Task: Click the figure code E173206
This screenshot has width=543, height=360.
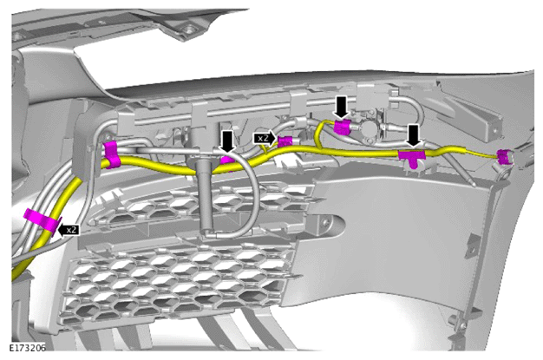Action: (x=28, y=348)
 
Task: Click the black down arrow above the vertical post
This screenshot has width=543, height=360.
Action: (x=227, y=141)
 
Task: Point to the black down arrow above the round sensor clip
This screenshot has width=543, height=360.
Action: (x=342, y=108)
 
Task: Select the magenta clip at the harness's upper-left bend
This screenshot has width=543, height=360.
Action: (x=112, y=154)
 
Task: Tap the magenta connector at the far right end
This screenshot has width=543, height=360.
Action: (x=504, y=157)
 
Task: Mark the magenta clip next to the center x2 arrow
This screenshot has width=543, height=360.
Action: (x=285, y=141)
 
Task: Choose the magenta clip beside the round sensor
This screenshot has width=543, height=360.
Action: (x=342, y=127)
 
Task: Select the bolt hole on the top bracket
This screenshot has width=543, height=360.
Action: (x=187, y=29)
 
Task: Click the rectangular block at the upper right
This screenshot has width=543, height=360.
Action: (x=483, y=119)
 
